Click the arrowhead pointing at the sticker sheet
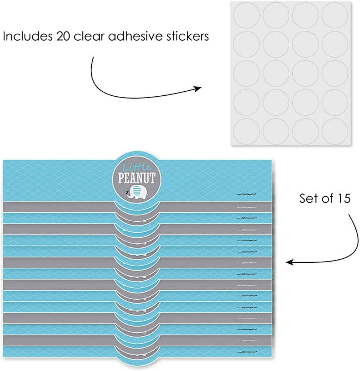pyautogui.click(x=198, y=89)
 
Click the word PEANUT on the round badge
pyautogui.click(x=137, y=178)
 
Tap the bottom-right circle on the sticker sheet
pyautogui.click(x=335, y=130)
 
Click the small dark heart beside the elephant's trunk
pyautogui.click(x=127, y=193)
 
